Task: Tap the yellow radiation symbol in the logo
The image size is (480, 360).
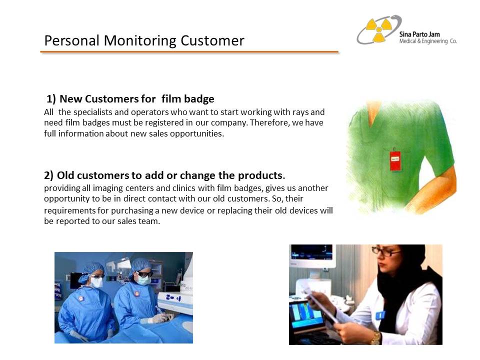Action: pyautogui.click(x=379, y=29)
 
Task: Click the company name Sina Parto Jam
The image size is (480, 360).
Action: pyautogui.click(x=419, y=34)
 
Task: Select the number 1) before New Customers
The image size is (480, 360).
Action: pyautogui.click(x=51, y=99)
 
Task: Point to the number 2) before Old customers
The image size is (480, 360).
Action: pyautogui.click(x=48, y=175)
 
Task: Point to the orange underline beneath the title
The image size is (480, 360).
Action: pyautogui.click(x=189, y=52)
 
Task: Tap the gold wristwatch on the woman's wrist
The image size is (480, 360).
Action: pyautogui.click(x=375, y=338)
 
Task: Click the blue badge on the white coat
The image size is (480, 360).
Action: pyautogui.click(x=380, y=315)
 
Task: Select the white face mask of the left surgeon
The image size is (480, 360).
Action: pyautogui.click(x=96, y=282)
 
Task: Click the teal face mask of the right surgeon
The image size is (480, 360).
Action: pyautogui.click(x=143, y=280)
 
